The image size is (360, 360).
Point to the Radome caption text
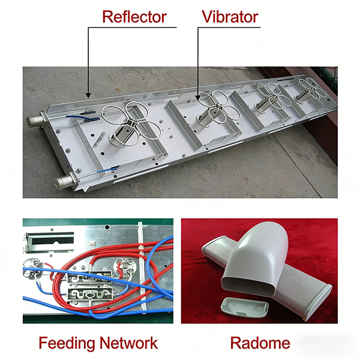260,343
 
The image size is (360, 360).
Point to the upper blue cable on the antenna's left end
79,118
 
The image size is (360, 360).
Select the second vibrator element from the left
214,108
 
